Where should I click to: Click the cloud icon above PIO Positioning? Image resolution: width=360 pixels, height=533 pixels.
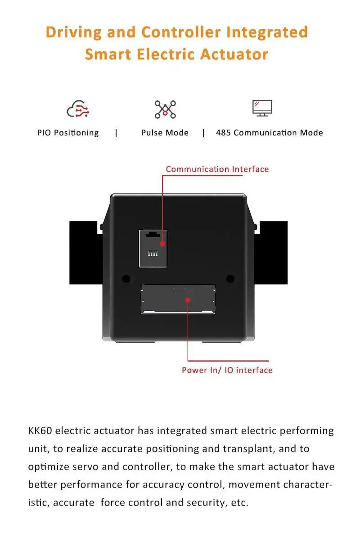click(x=77, y=109)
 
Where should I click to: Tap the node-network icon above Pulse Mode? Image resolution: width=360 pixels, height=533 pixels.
click(x=165, y=109)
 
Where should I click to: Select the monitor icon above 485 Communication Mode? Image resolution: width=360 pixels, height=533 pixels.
click(x=262, y=108)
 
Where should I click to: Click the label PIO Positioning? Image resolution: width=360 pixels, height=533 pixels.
click(x=68, y=133)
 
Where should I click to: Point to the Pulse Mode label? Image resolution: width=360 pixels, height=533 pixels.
click(x=165, y=133)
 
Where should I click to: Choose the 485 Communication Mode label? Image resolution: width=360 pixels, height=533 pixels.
click(x=269, y=133)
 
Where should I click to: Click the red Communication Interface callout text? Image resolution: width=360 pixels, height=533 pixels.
click(x=217, y=169)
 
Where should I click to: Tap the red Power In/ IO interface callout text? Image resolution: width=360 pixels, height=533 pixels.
click(x=227, y=370)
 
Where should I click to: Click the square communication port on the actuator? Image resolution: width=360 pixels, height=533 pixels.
click(x=153, y=248)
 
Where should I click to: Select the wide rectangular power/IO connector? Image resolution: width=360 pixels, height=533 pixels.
click(x=178, y=299)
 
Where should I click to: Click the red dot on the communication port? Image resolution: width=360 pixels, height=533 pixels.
click(x=163, y=244)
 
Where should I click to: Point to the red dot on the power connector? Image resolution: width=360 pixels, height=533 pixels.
click(x=188, y=300)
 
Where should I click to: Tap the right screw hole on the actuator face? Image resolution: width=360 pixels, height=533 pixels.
click(x=230, y=278)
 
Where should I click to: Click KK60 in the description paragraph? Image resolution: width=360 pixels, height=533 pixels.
click(x=40, y=430)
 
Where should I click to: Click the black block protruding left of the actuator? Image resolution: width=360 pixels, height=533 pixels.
click(x=85, y=252)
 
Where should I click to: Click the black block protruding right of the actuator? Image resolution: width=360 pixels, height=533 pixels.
click(x=272, y=252)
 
